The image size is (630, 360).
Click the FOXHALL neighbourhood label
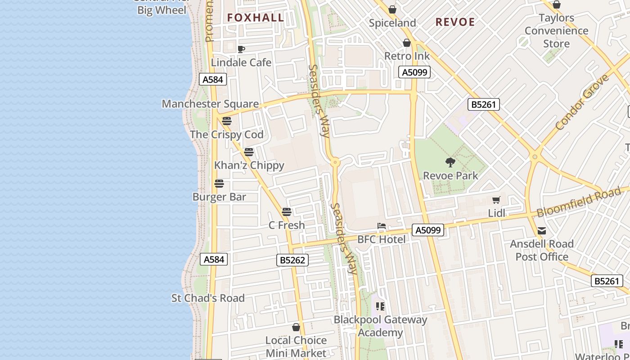256,18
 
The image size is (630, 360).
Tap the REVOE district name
455,22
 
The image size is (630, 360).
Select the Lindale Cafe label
241,63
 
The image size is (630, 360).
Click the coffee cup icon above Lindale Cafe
241,49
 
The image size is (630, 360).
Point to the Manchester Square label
210,104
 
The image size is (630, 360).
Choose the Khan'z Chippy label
249,165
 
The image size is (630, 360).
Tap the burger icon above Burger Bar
219,184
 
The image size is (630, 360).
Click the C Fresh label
287,225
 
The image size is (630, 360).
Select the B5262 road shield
292,260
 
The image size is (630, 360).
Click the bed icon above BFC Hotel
382,226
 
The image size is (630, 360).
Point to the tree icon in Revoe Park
450,162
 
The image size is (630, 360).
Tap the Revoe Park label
450,175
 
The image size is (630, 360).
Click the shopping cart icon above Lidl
496,200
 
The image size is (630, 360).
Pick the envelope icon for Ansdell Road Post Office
542,231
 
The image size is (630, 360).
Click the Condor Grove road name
582,103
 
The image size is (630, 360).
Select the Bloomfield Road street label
579,202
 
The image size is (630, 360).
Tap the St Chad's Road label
208,298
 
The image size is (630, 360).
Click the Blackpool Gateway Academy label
380,326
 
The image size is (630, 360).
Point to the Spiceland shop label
392,23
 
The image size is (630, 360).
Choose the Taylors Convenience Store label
557,31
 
